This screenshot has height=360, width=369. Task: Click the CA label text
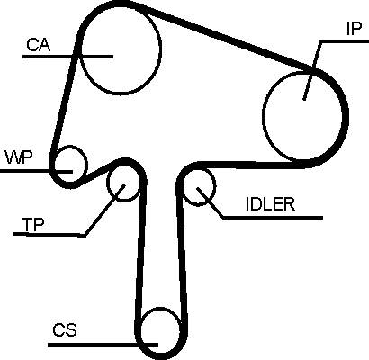tap(39, 45)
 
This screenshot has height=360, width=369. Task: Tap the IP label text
tap(354, 29)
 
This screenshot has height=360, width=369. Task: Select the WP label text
tap(18, 157)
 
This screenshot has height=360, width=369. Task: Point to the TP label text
tap(32, 225)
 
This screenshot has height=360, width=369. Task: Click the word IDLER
tap(270, 204)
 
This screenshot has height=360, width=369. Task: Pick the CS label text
tap(65, 330)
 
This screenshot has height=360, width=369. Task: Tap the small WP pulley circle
tap(87, 165)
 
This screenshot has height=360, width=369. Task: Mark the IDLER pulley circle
tap(215, 186)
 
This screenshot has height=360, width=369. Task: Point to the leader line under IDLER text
tap(273, 218)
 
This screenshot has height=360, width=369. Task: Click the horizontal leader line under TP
tap(49, 235)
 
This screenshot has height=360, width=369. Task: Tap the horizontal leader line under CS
tap(103, 345)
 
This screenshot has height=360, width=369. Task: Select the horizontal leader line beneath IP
tap(344, 41)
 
